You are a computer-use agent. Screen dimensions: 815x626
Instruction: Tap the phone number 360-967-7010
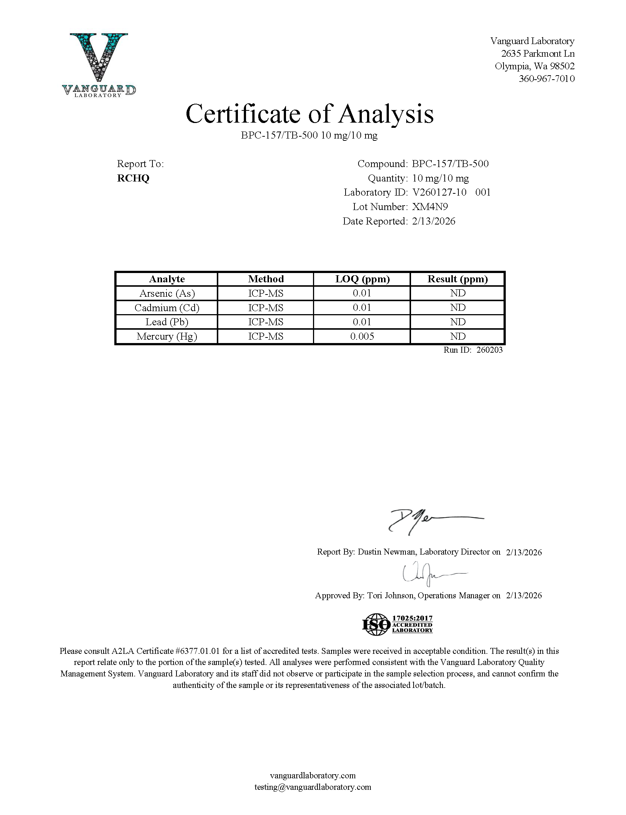(x=546, y=79)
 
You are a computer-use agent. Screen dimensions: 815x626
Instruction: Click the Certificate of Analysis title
(x=309, y=114)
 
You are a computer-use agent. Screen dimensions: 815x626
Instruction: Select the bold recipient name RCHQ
(x=133, y=178)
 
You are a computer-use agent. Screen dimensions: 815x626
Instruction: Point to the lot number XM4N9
(x=430, y=207)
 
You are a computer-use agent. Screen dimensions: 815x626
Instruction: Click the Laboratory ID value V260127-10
(x=439, y=193)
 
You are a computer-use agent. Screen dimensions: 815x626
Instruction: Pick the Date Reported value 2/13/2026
(x=433, y=221)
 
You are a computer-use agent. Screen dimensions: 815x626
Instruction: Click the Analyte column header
(x=166, y=279)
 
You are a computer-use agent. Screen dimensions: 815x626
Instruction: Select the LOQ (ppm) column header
(x=362, y=279)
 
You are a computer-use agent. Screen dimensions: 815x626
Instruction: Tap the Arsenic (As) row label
(x=167, y=293)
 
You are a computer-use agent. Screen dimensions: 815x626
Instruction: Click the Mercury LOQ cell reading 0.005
(x=362, y=336)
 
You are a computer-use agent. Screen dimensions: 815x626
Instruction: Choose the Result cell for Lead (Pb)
(x=458, y=322)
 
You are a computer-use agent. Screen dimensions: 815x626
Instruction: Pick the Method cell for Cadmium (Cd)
(x=266, y=308)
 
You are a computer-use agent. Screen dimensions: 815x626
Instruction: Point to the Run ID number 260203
(x=489, y=350)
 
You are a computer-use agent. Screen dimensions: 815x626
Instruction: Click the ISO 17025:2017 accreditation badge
(x=397, y=624)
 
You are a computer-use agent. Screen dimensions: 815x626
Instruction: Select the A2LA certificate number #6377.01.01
(x=197, y=651)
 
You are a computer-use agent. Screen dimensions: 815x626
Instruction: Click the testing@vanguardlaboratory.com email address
(x=313, y=787)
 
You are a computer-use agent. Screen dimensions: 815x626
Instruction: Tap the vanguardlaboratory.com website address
(x=313, y=775)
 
